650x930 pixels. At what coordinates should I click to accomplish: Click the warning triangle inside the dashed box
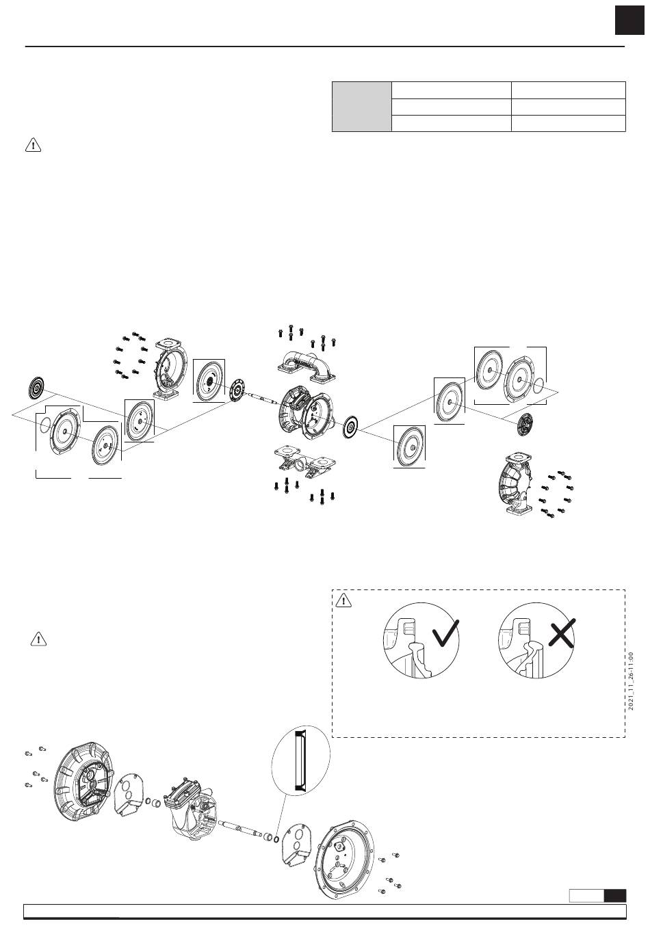coord(343,602)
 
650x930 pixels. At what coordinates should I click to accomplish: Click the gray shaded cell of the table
coord(361,106)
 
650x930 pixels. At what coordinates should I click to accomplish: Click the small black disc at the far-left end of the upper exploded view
coord(36,388)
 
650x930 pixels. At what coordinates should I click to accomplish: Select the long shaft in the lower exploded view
coord(243,828)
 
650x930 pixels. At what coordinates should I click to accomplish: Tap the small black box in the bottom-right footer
coord(615,895)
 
